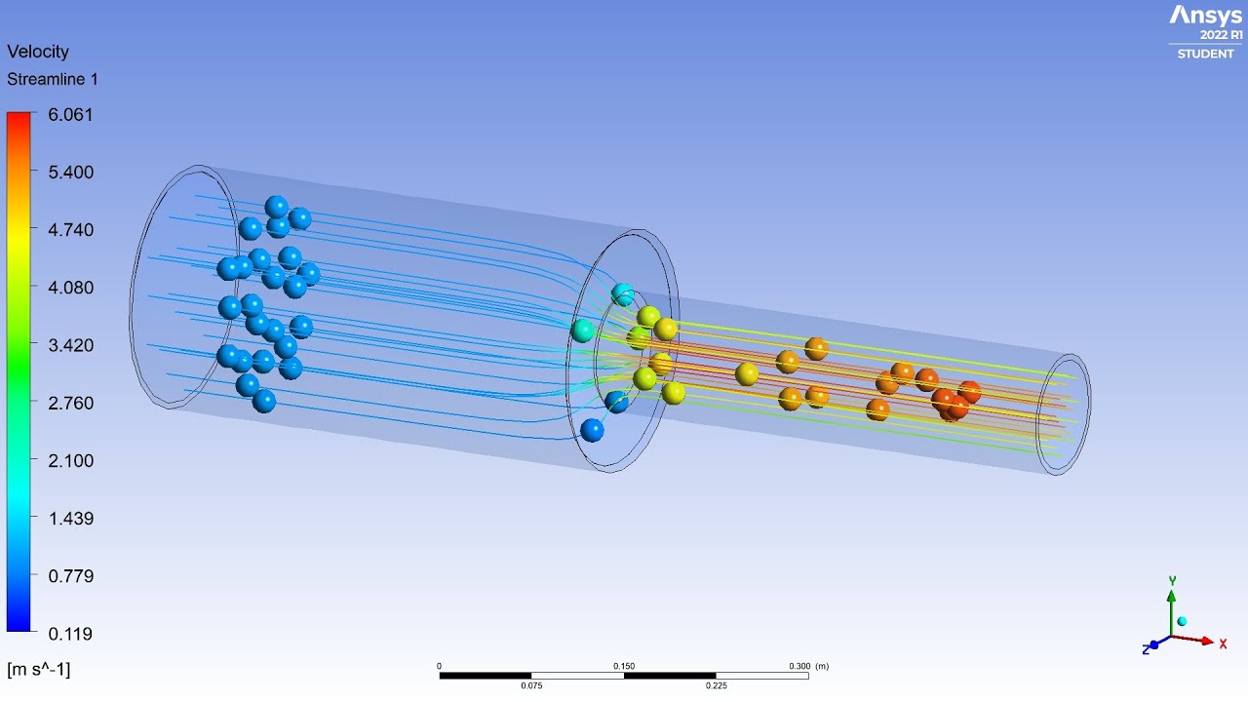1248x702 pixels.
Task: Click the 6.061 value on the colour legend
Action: tap(70, 115)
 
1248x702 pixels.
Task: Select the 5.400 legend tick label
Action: tap(71, 173)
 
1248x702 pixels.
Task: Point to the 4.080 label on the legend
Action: tap(71, 288)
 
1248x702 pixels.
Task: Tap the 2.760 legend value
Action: tap(71, 403)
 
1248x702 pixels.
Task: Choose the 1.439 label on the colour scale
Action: tap(71, 518)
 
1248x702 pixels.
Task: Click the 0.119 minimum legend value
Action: tap(70, 634)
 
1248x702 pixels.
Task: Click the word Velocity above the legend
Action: tap(38, 52)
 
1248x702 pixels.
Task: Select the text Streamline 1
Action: tap(53, 79)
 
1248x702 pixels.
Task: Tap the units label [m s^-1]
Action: tap(38, 669)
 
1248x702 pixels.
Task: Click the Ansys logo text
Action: tap(1205, 16)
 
